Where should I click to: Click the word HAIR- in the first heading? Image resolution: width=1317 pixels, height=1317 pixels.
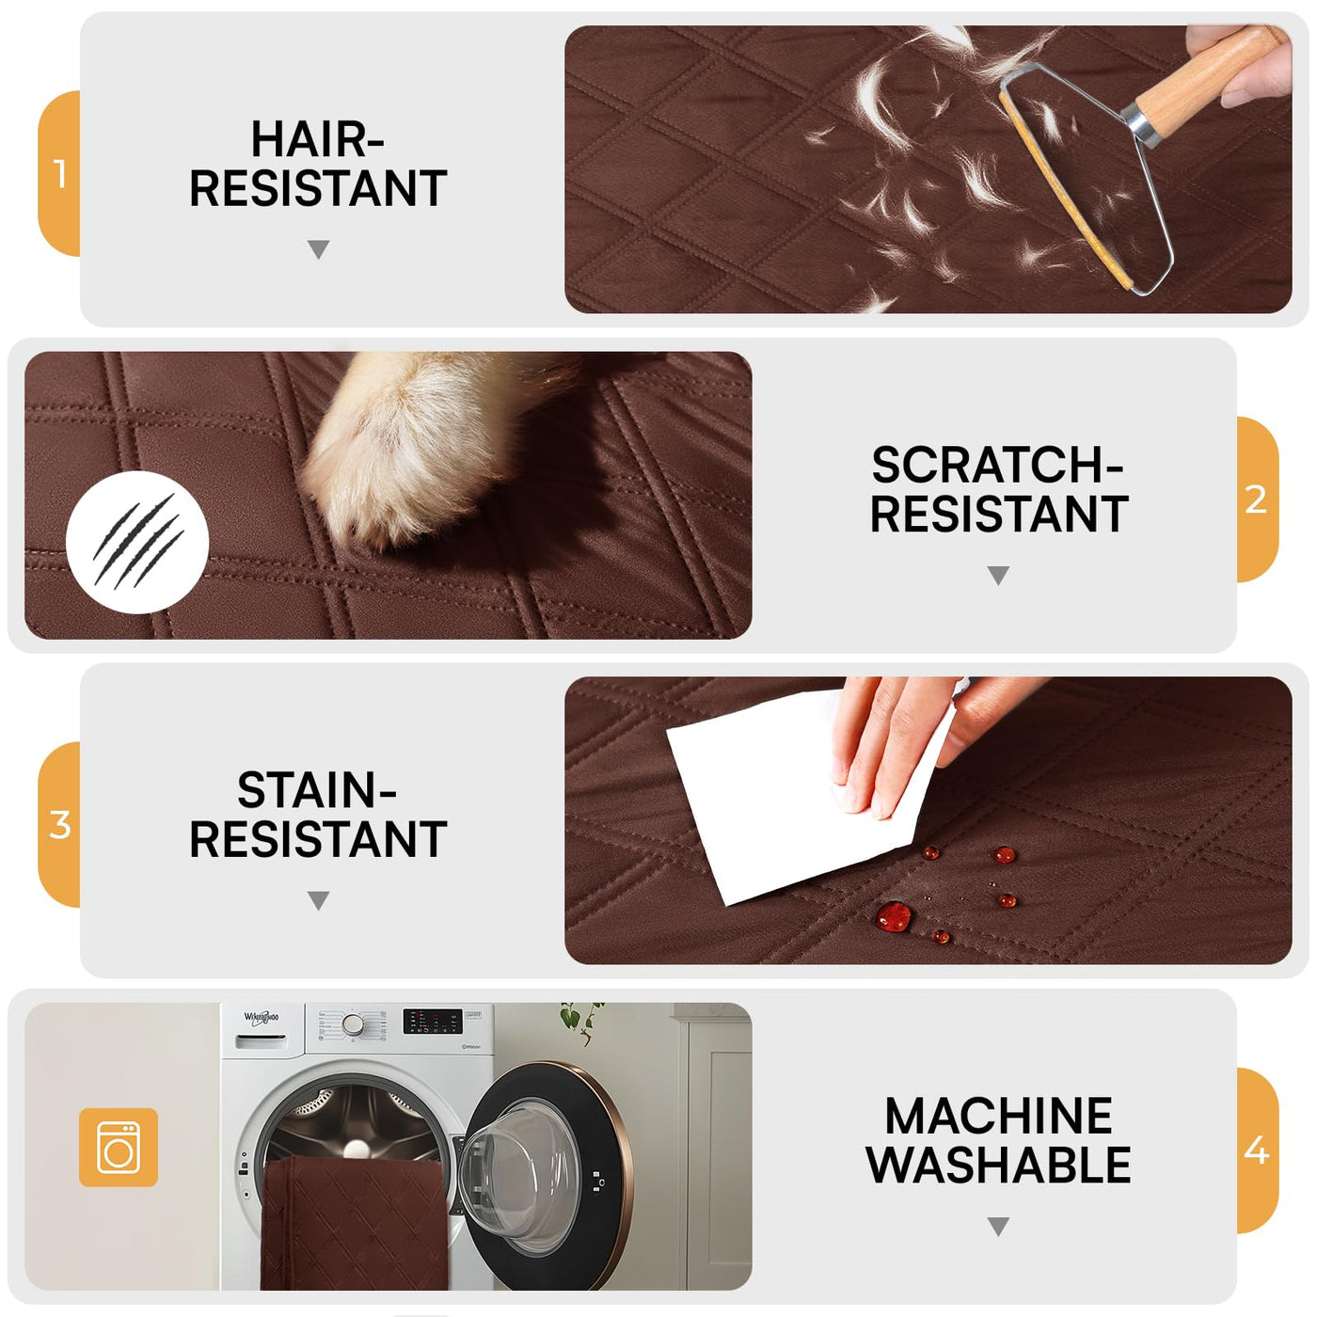click(318, 139)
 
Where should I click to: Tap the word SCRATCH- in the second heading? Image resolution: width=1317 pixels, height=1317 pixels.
click(998, 466)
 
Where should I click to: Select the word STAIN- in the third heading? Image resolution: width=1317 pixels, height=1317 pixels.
click(317, 791)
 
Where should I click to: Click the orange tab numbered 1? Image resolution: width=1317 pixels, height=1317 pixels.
click(58, 174)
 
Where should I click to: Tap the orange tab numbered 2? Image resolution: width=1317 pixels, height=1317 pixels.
click(1258, 500)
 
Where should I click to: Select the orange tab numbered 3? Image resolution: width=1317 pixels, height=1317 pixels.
click(58, 825)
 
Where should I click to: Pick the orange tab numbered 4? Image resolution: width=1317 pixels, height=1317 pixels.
click(1258, 1150)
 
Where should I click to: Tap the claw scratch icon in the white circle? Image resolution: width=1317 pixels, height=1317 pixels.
click(138, 541)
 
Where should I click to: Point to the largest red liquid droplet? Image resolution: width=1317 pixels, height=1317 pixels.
click(894, 916)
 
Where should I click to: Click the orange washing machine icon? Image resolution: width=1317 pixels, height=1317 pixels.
click(119, 1148)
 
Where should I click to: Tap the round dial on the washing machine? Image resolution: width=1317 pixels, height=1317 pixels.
click(353, 1023)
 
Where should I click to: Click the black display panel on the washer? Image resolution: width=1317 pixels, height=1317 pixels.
click(433, 1021)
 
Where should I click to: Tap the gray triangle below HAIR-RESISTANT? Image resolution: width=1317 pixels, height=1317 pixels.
click(319, 248)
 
